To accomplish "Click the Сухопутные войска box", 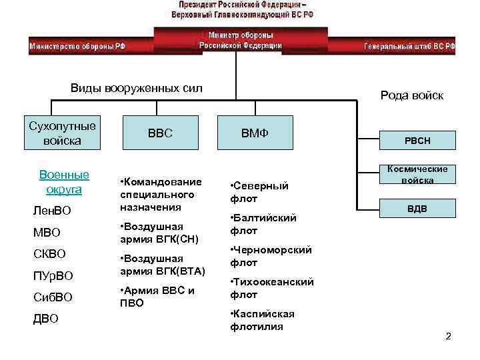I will [62, 133].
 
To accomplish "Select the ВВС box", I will [160, 133].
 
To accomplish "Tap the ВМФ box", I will [255, 133].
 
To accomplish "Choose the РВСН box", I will [418, 141].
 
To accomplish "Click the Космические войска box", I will [418, 175].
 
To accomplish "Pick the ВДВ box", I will [418, 209].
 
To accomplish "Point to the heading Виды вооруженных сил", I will [136, 89].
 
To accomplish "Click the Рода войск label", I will [411, 95].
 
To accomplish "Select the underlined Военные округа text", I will [64, 182].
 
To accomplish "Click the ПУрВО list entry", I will [53, 275].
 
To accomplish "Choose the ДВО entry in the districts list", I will [46, 319].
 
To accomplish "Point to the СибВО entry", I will [52, 297].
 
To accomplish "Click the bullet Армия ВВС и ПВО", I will [157, 297].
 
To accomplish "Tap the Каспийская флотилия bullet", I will [262, 320].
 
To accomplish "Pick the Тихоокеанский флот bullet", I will [271, 288].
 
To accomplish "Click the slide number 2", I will [449, 336].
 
